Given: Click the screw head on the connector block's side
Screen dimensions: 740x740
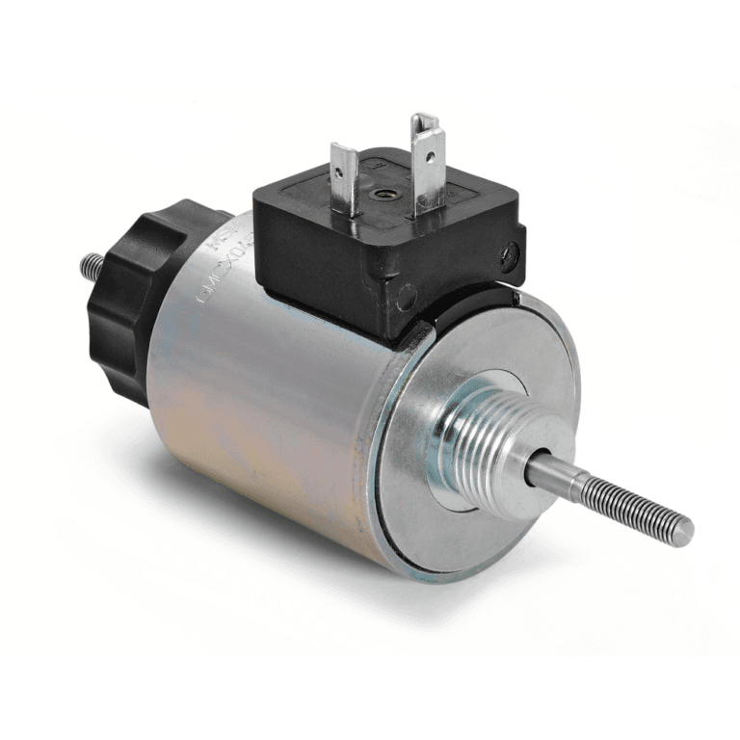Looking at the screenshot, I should point(511,254).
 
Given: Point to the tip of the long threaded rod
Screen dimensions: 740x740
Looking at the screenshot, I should point(686,533).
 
